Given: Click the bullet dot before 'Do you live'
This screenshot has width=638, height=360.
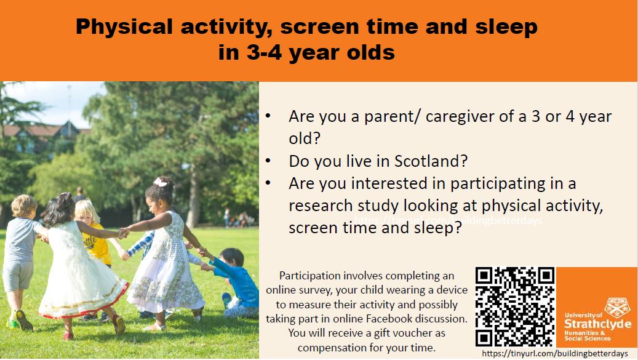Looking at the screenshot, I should (268, 161).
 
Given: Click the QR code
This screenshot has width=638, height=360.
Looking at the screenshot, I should (515, 306).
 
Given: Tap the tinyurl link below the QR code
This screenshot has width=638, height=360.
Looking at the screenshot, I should (555, 354).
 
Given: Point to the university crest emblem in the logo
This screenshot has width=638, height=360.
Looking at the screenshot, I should (618, 307).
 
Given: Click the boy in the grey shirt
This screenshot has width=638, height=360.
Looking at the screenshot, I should (22, 246).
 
